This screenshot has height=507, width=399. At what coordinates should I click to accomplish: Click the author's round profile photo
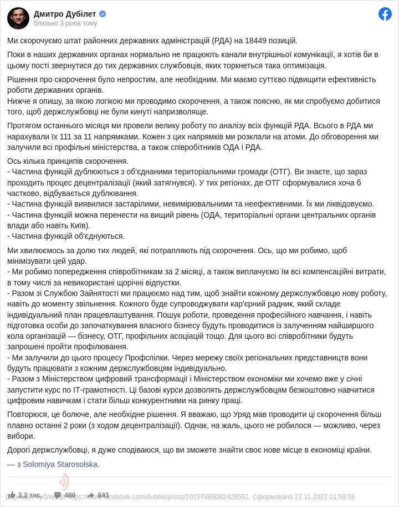[x=18, y=18]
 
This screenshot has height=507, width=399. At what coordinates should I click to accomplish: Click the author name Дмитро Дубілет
[x=65, y=14]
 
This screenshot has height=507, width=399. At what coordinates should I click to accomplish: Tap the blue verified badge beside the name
[x=103, y=14]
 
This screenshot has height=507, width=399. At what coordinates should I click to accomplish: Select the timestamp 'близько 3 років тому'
[x=65, y=23]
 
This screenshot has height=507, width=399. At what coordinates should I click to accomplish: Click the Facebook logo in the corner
[x=385, y=14]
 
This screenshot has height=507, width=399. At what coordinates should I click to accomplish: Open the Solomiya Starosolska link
[x=60, y=464]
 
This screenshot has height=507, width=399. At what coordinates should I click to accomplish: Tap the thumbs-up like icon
[x=11, y=495]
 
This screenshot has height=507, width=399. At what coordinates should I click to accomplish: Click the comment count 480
[x=70, y=495]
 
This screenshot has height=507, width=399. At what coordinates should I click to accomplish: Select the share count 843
[x=103, y=495]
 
